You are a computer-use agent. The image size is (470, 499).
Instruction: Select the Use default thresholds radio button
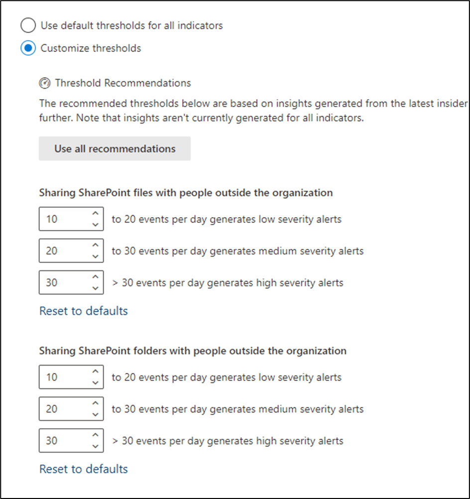tap(28, 25)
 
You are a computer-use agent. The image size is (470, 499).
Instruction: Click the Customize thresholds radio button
tap(28, 48)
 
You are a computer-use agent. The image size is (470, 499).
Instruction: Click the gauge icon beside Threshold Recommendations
tap(45, 83)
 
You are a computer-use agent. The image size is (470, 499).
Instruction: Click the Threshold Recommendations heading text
tap(122, 83)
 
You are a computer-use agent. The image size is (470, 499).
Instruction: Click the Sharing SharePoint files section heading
tap(186, 193)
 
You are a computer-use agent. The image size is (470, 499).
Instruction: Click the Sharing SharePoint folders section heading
tap(193, 351)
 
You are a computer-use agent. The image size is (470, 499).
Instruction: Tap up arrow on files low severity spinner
tap(95, 214)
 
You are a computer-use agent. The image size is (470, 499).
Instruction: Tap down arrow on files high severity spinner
tap(95, 288)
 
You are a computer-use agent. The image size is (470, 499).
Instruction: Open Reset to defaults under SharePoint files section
tap(84, 311)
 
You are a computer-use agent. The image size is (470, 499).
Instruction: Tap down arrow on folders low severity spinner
tap(95, 383)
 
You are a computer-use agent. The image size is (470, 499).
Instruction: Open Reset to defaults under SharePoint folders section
tap(84, 469)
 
